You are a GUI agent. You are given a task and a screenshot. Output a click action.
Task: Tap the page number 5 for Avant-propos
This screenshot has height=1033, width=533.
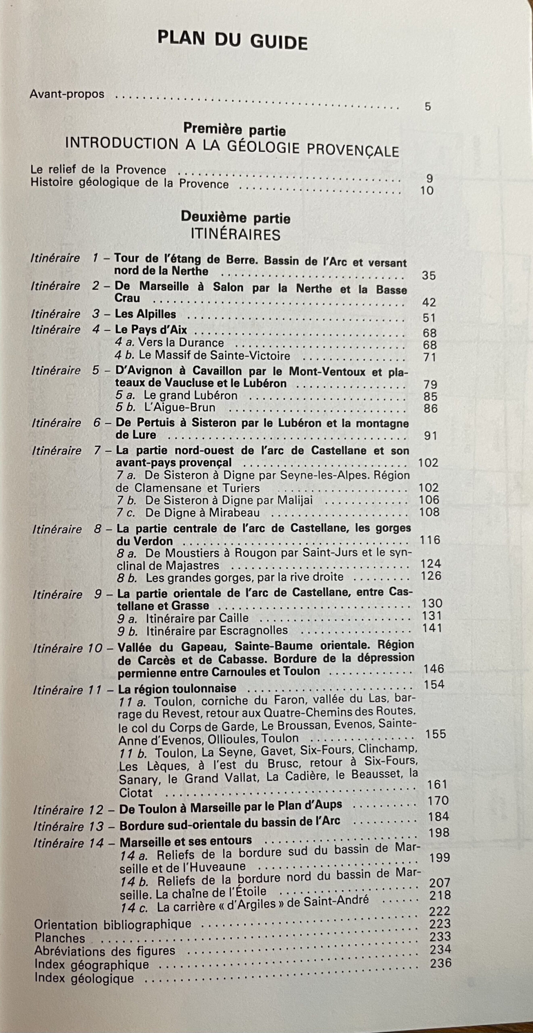(428, 107)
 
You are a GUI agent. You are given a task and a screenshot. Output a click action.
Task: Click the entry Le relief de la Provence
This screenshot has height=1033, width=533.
(98, 170)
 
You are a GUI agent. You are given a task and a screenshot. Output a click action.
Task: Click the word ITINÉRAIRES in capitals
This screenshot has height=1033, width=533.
(236, 234)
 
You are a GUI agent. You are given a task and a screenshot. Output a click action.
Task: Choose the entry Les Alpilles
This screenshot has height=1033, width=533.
(145, 314)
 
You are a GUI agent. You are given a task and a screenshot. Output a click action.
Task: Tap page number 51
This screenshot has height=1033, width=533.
(429, 318)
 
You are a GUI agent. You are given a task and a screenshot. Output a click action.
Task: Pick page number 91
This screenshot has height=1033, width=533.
(430, 436)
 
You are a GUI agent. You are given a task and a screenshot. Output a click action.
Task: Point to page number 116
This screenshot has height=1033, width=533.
(430, 540)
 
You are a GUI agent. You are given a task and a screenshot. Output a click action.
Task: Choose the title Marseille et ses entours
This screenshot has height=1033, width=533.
(186, 841)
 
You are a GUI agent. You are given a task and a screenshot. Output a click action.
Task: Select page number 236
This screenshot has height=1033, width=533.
(441, 963)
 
